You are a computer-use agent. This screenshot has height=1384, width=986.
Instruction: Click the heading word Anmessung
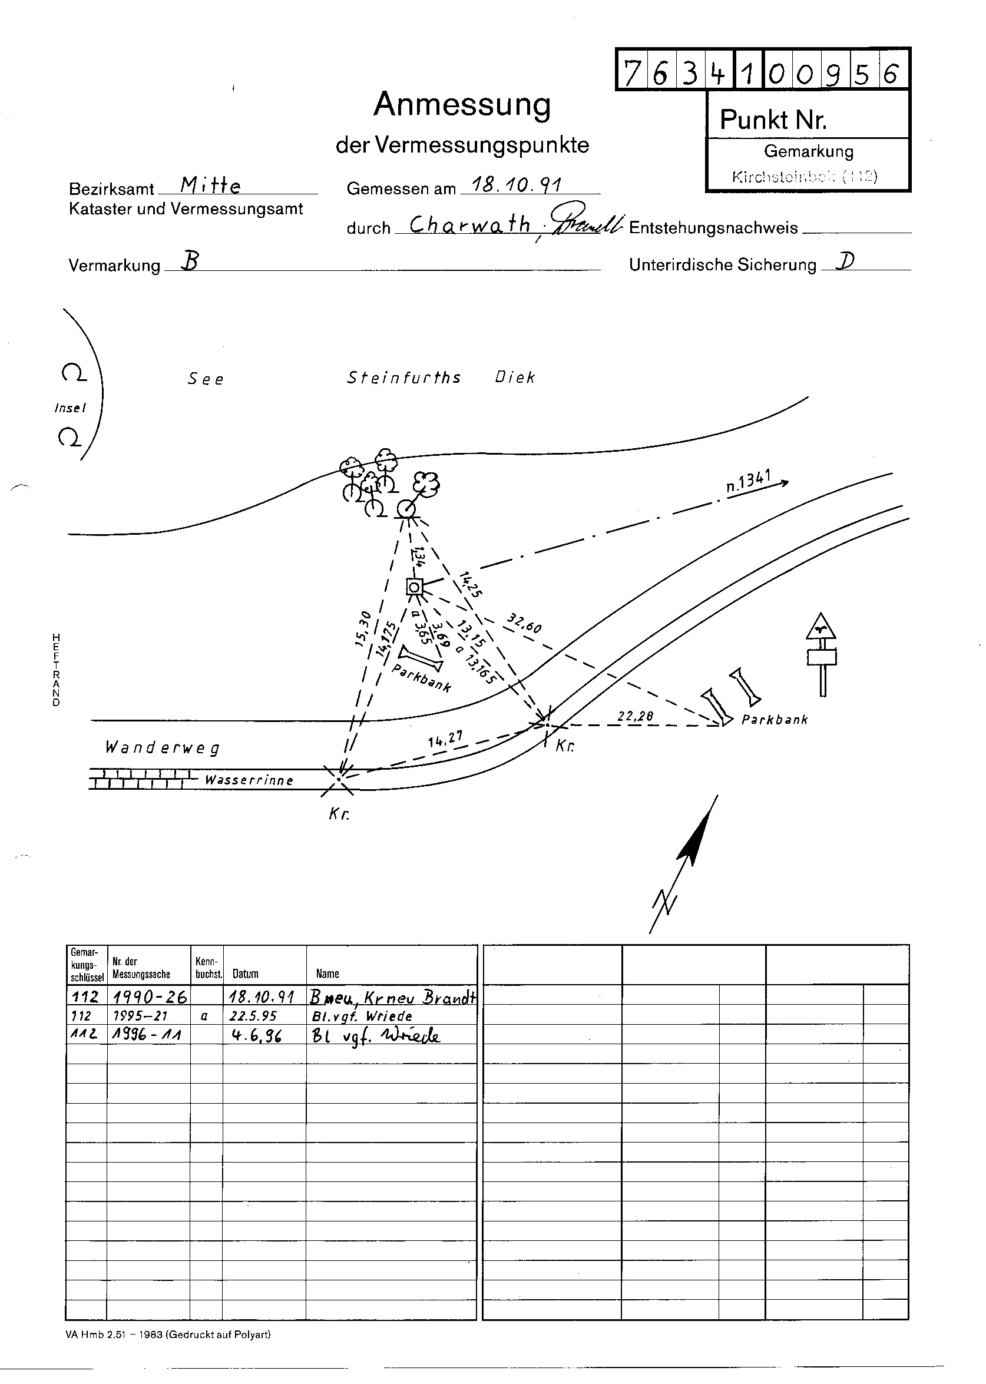pyautogui.click(x=462, y=105)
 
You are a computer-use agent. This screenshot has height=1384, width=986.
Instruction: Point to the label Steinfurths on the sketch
pyautogui.click(x=403, y=378)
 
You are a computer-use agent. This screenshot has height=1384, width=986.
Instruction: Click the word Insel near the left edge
pyautogui.click(x=71, y=408)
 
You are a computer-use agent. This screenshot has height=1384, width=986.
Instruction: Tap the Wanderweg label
pyautogui.click(x=163, y=747)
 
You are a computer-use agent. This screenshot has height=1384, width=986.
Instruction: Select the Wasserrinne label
pyautogui.click(x=249, y=780)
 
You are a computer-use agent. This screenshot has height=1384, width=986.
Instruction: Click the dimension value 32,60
pyautogui.click(x=524, y=624)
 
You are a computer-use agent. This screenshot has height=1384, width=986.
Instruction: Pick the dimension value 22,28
pyautogui.click(x=635, y=716)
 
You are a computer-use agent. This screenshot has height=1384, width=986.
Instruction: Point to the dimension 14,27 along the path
pyautogui.click(x=445, y=739)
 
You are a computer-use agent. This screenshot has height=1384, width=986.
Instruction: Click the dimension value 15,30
pyautogui.click(x=362, y=629)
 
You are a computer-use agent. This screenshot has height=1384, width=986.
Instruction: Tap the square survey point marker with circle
pyautogui.click(x=414, y=587)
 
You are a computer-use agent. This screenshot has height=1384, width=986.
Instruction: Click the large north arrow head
pyautogui.click(x=696, y=836)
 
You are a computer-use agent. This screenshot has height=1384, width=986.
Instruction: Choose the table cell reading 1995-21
pyautogui.click(x=140, y=1016)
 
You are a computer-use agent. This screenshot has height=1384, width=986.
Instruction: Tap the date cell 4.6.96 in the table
pyautogui.click(x=257, y=1035)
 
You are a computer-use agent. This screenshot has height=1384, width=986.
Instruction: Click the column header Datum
pyautogui.click(x=245, y=974)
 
